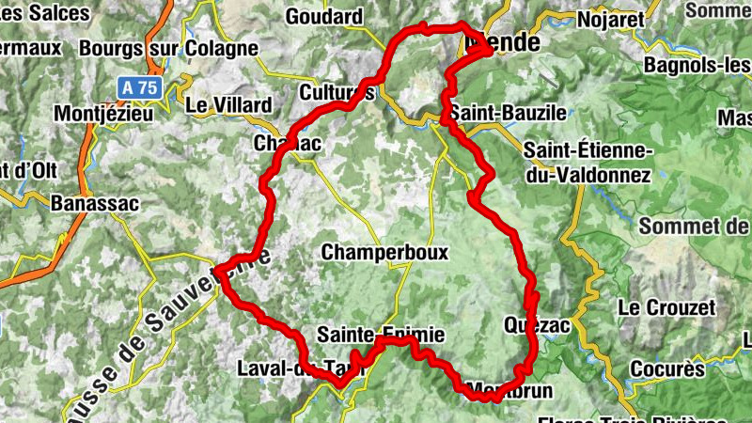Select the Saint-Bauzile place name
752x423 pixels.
coord(508,113)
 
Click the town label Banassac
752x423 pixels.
coord(94,203)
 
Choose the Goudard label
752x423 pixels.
coord(323,16)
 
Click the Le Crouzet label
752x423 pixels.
coord(666,307)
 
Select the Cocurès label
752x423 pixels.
coord(667,368)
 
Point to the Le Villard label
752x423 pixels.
coord(230,104)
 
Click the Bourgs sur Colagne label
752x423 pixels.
coord(169,47)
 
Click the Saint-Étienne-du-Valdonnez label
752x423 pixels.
coord(587,162)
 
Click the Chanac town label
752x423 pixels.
coord(289,144)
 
